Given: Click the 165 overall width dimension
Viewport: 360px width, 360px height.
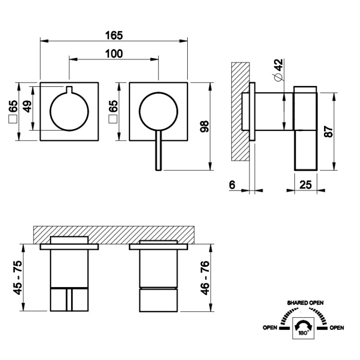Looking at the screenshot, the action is pyautogui.click(x=114, y=36).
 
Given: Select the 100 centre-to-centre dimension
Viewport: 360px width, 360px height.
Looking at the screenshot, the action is pyautogui.click(x=114, y=54).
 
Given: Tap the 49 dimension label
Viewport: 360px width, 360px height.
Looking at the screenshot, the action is pyautogui.click(x=27, y=107).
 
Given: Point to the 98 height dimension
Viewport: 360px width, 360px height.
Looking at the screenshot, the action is pyautogui.click(x=204, y=126).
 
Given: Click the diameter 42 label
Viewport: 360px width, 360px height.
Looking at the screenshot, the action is pyautogui.click(x=278, y=70).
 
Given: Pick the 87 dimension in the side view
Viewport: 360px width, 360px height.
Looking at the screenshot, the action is pyautogui.click(x=328, y=132).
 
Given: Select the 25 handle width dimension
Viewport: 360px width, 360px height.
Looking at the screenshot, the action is pyautogui.click(x=306, y=185).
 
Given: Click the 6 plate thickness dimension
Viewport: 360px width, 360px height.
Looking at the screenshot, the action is pyautogui.click(x=232, y=185).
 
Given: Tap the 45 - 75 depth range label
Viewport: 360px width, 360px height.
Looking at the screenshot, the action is pyautogui.click(x=18, y=277).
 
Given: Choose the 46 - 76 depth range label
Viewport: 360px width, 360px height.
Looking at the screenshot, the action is pyautogui.click(x=205, y=278).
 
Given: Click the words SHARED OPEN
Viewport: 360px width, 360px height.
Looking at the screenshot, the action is pyautogui.click(x=305, y=303).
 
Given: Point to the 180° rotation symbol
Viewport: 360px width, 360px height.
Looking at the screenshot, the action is pyautogui.click(x=303, y=328).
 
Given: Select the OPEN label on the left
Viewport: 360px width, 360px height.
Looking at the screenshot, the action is pyautogui.click(x=270, y=328).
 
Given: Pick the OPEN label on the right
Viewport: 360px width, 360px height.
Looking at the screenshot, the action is pyautogui.click(x=337, y=328).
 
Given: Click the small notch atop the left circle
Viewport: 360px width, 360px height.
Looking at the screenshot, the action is pyautogui.click(x=69, y=89).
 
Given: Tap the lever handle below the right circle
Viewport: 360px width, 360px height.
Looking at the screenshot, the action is pyautogui.click(x=158, y=150).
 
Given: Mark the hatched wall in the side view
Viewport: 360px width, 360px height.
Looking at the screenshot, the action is pyautogui.click(x=240, y=111).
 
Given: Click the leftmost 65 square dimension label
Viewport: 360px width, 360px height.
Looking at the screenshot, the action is pyautogui.click(x=13, y=112).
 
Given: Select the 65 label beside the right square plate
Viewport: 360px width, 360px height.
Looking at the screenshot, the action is pyautogui.click(x=113, y=112).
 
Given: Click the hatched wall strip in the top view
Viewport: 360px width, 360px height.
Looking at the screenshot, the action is pyautogui.click(x=114, y=235).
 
